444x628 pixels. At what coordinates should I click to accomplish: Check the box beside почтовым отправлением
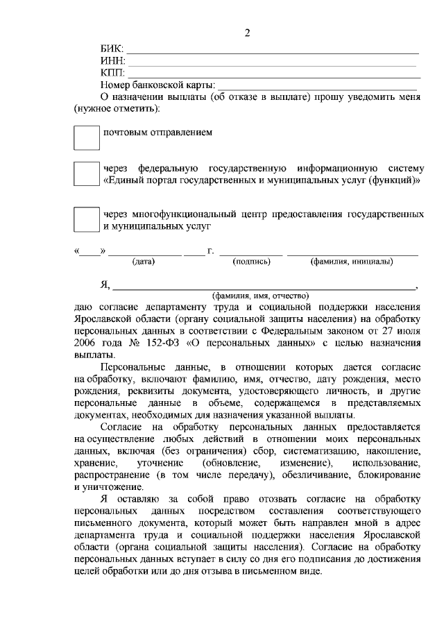coord(87,137)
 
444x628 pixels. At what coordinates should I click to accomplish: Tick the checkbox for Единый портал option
coord(87,173)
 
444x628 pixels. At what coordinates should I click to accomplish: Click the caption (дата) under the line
coord(144,262)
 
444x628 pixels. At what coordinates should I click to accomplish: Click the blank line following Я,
coord(264,285)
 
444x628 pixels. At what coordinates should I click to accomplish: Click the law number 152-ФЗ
coord(176,341)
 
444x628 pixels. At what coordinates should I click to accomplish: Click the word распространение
coord(111,475)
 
